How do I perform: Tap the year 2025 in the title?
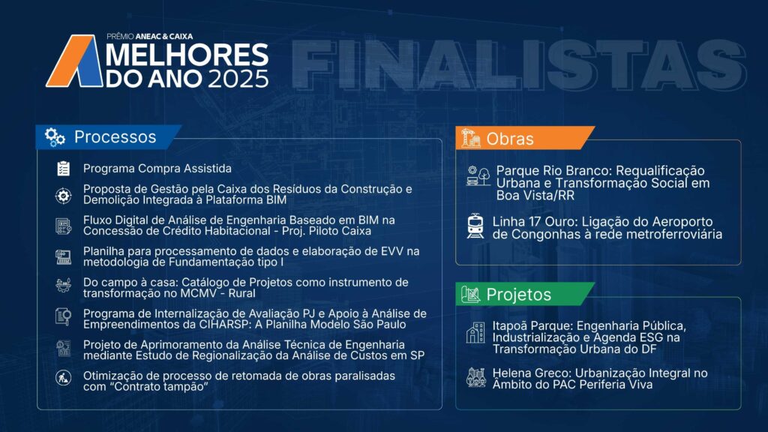click(x=238, y=79)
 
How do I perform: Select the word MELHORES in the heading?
click(x=187, y=54)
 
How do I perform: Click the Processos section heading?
click(x=115, y=137)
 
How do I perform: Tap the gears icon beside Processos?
click(x=55, y=137)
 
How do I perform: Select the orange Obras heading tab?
click(x=525, y=139)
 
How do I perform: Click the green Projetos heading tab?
click(x=525, y=294)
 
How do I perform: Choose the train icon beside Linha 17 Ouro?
click(x=475, y=226)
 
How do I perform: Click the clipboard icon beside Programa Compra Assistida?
click(x=63, y=169)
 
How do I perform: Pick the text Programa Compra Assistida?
click(x=157, y=169)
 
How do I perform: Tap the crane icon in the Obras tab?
click(x=470, y=138)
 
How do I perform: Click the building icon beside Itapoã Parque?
click(x=475, y=332)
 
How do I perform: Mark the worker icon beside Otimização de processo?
click(x=63, y=378)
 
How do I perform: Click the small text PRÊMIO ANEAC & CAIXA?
click(x=150, y=36)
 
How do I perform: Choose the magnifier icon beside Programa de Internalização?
click(x=63, y=316)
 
